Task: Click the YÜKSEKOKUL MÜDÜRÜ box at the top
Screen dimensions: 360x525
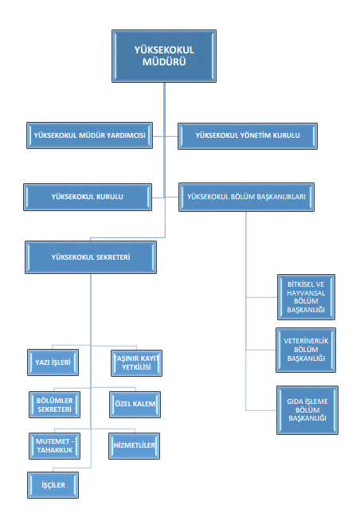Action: tap(164, 56)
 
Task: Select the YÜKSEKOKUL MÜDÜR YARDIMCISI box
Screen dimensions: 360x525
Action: tap(89, 135)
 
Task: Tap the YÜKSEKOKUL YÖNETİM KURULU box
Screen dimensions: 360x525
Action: tap(248, 136)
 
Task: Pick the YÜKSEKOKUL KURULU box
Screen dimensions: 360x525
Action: tap(88, 197)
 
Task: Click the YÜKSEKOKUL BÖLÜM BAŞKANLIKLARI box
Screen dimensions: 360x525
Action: tap(246, 197)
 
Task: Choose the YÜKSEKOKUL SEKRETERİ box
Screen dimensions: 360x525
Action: tap(91, 257)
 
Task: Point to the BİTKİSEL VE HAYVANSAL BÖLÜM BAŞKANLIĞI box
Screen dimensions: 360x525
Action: tap(306, 297)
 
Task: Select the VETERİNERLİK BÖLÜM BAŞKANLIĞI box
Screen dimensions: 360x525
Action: tap(306, 350)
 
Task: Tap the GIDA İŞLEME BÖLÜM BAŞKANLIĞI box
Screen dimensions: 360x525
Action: tap(307, 410)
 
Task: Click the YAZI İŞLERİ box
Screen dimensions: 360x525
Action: tap(53, 362)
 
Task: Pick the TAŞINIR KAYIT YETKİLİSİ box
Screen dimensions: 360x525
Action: tap(137, 363)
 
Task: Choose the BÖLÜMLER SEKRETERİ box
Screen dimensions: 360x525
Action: tap(55, 405)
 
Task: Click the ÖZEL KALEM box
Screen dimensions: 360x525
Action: tap(135, 405)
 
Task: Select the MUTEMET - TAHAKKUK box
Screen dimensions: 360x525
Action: tap(55, 446)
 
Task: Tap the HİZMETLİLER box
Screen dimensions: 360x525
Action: tap(135, 446)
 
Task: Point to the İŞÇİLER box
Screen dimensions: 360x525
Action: tap(53, 485)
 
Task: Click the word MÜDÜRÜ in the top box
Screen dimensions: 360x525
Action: tap(164, 62)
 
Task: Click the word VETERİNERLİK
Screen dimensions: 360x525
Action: tap(306, 341)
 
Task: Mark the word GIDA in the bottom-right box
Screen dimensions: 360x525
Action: tap(294, 402)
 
